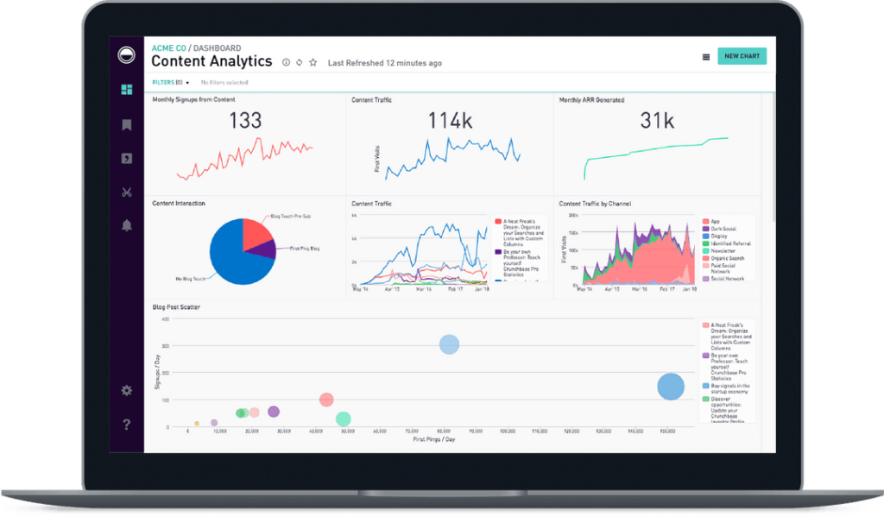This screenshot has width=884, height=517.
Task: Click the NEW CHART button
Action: tap(742, 56)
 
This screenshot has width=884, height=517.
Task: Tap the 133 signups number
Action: tap(245, 121)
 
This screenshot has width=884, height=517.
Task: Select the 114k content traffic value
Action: tap(451, 121)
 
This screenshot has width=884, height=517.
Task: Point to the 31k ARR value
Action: tap(656, 121)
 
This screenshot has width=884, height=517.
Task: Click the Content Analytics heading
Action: tap(212, 62)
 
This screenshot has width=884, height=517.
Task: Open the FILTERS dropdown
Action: tap(171, 83)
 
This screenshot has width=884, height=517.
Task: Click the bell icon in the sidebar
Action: tap(127, 226)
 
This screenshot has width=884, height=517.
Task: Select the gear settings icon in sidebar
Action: tap(127, 390)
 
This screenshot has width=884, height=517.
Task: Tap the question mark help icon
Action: tap(127, 424)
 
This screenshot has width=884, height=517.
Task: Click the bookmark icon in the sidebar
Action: tap(127, 125)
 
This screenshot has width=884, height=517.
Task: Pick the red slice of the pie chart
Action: tap(256, 232)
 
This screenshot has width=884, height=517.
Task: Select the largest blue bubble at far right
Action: tap(671, 387)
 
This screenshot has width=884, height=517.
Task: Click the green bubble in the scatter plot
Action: tap(343, 419)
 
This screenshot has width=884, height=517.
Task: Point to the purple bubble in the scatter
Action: tap(274, 412)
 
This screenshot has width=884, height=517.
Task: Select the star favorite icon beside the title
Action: tap(313, 63)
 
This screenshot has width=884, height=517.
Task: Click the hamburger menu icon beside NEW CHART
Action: tap(706, 57)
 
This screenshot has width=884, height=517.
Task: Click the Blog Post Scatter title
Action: tap(178, 307)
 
